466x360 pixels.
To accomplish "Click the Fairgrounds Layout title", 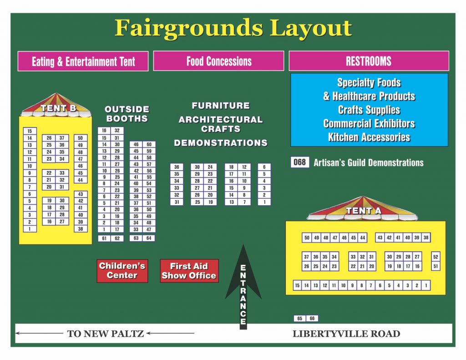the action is click(x=233, y=28).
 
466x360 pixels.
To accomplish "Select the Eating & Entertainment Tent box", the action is click(x=83, y=61).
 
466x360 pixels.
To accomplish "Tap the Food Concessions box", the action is click(x=218, y=61).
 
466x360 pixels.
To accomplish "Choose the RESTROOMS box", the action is click(x=369, y=61).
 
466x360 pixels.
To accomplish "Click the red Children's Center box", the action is click(x=122, y=271).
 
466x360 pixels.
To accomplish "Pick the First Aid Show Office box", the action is click(x=189, y=271).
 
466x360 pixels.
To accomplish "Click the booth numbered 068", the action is click(x=299, y=162).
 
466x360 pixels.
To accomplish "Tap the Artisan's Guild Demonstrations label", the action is click(x=369, y=163).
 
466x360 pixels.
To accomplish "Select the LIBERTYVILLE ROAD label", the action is click(x=346, y=334).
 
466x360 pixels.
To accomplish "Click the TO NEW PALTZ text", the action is click(x=105, y=334).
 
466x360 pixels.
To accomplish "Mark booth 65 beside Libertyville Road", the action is click(x=300, y=319).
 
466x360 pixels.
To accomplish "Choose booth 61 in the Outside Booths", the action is click(x=104, y=238).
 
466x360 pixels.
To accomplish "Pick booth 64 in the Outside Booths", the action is click(x=149, y=238).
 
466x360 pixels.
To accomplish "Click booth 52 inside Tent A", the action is click(x=436, y=257).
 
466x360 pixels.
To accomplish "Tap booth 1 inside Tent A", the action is click(x=426, y=286).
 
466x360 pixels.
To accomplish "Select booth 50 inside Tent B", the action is click(x=81, y=138).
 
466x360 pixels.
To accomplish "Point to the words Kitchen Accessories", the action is click(x=369, y=137).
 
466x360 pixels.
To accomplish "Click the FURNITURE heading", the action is click(x=221, y=106).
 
